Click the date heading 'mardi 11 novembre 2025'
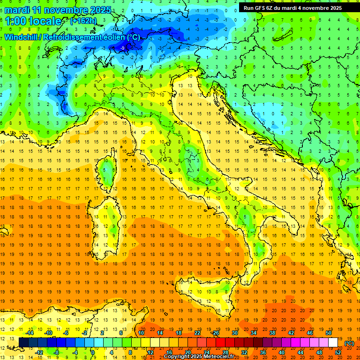[x=58, y=10]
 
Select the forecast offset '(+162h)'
[x=83, y=21]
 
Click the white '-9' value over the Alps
[x=122, y=48]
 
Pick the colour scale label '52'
[x=337, y=352]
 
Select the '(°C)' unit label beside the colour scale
[x=349, y=343]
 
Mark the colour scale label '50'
[x=329, y=332]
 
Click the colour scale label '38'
[x=272, y=332]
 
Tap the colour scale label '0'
[x=92, y=352]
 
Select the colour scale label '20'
[x=187, y=352]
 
